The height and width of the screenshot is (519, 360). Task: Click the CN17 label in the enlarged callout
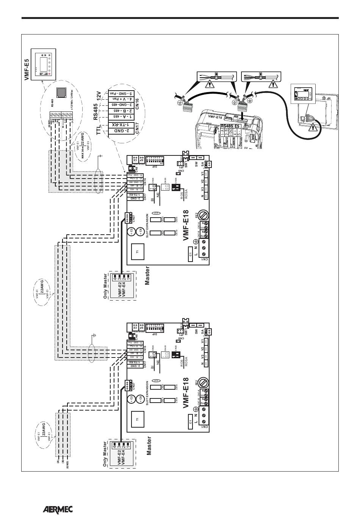click(137, 128)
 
